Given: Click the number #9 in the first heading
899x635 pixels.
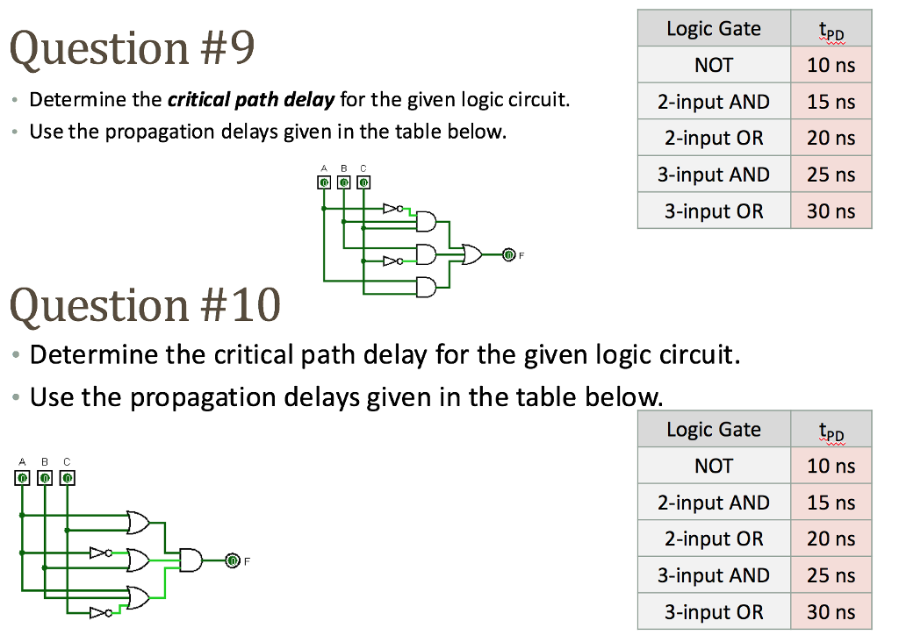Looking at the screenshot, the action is pos(227,48).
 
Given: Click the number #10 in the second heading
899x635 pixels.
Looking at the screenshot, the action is pos(241,304).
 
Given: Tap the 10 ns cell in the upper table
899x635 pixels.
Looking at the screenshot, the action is pos(831,65).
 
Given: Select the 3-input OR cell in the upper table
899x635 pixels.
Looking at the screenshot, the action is pos(714,210).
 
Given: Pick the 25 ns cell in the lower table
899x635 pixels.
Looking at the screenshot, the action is pos(831,574).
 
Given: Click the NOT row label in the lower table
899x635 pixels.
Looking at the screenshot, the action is pos(714,466).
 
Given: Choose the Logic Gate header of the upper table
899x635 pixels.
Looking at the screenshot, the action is pos(714,28).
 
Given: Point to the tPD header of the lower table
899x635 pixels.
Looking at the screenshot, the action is pos(831,430).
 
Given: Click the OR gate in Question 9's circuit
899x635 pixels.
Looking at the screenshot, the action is pos(471,253).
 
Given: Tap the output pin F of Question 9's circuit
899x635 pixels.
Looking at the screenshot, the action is pos(508,254).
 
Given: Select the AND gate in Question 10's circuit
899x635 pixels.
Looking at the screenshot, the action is pos(191,560).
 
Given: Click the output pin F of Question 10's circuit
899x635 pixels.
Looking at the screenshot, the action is pos(232,560).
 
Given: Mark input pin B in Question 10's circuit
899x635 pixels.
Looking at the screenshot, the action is pos(45,477).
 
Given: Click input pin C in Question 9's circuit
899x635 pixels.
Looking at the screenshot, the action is pos(363,182).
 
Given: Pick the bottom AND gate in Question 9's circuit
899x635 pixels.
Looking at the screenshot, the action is pos(426,287).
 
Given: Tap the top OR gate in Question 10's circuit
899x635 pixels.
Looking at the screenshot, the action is pos(138,522).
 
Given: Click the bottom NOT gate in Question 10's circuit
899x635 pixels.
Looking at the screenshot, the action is pos(101,613).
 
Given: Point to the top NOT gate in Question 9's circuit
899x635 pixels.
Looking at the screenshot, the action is pos(393,208).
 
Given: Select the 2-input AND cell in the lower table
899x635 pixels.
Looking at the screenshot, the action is pos(714,503).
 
